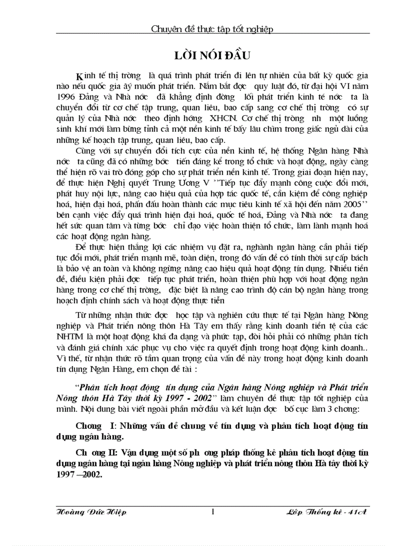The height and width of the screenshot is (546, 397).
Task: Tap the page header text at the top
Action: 213,29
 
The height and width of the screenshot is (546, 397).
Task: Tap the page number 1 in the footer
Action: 213,511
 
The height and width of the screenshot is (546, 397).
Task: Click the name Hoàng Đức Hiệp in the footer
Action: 92,512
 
